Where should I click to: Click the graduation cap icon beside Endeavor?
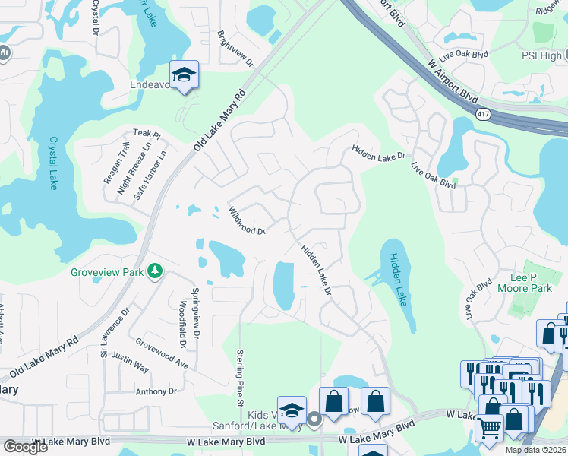[x=184, y=75]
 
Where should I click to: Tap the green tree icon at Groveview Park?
[x=155, y=271]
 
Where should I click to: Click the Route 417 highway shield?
[x=483, y=114]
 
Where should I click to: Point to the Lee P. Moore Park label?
[x=524, y=283]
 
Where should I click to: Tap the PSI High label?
[x=542, y=55]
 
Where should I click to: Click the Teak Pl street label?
[x=147, y=135]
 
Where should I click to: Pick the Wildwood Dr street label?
[x=247, y=221]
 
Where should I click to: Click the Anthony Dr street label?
[x=156, y=391]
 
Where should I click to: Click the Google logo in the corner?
[x=25, y=447]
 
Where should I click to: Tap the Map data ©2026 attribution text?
[x=535, y=450]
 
